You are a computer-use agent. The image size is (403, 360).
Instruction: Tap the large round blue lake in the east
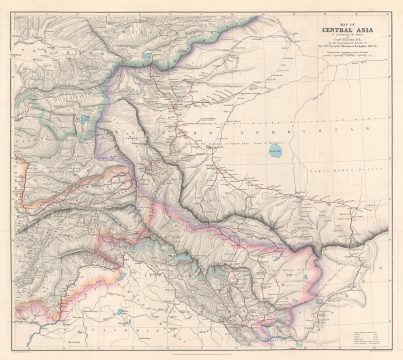275,152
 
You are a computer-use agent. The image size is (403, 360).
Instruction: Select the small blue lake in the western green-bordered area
88,119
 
